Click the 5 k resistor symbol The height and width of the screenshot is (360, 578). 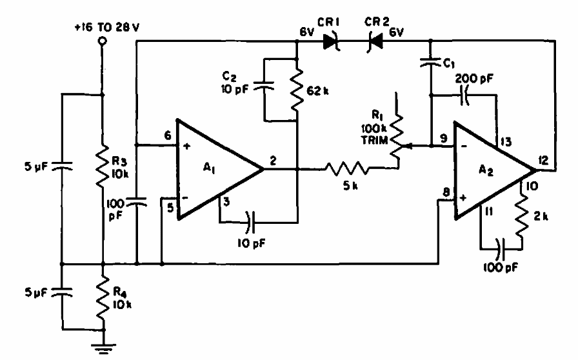point(348,170)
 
